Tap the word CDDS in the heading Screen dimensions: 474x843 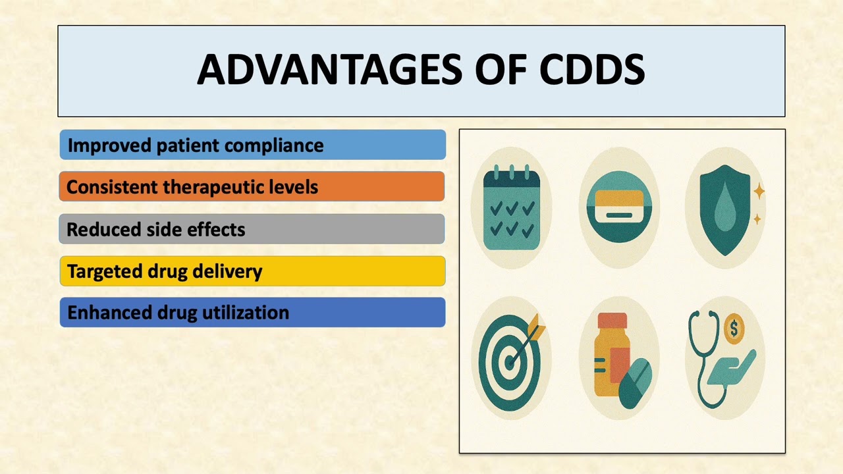591,70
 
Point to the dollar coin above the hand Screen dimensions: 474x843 734,329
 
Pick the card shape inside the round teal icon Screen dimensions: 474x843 618,207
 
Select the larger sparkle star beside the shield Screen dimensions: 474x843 759,192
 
